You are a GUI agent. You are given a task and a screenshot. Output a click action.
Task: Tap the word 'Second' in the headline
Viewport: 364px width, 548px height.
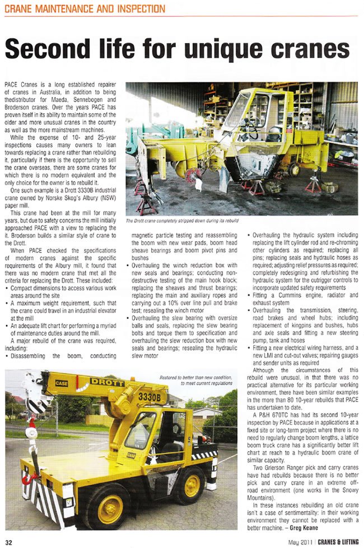click(50, 51)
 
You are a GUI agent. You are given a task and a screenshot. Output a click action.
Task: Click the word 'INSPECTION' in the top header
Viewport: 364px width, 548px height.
click(140, 8)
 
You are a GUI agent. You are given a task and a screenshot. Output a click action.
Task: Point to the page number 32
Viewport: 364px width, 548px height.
click(9, 541)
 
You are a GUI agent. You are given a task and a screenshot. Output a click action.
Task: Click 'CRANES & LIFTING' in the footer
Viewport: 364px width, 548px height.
click(335, 541)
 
